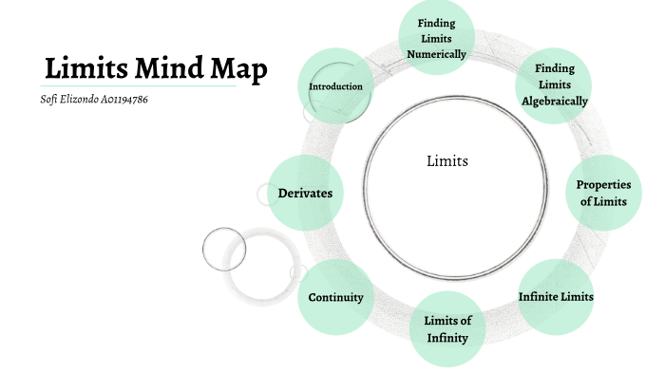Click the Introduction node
coord(335,86)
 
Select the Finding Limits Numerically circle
coord(436,38)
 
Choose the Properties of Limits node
coord(602,193)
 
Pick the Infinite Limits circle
coord(556,296)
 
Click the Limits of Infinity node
coord(446,327)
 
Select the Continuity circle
coord(335,297)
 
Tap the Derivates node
coord(304,193)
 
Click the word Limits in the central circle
coord(447,161)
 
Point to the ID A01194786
coord(126,100)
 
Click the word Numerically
coord(436,54)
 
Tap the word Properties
coord(602,184)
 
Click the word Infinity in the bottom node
coord(446,336)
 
